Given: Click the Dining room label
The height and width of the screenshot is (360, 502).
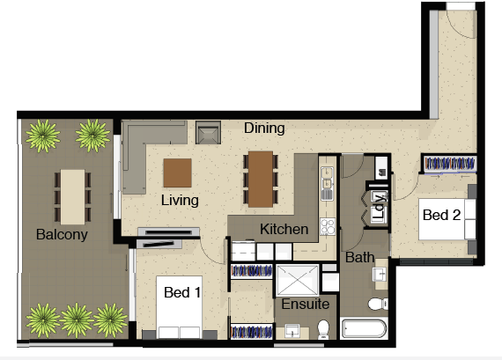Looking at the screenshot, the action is [x=264, y=129].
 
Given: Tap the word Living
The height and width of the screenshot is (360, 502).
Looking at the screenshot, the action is [x=180, y=201].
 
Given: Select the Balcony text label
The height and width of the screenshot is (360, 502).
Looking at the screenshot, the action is [x=62, y=234].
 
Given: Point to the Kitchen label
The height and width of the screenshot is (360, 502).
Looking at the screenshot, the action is [x=284, y=229].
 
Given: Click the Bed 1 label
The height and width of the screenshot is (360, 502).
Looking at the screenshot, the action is [x=182, y=292].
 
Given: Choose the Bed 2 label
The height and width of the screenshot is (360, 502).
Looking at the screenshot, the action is [x=441, y=215].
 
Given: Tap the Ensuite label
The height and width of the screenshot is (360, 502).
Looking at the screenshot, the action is [x=305, y=304].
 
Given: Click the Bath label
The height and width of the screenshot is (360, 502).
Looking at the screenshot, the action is [x=359, y=258].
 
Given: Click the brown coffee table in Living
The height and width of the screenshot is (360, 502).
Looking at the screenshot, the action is [x=178, y=173].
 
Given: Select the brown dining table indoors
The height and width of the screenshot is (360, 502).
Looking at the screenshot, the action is [x=261, y=180].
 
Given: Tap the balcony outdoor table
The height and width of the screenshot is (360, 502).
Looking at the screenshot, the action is [x=73, y=197].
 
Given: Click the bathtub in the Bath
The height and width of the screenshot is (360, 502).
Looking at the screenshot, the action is [x=364, y=328].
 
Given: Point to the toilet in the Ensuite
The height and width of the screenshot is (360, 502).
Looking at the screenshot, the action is [x=323, y=329].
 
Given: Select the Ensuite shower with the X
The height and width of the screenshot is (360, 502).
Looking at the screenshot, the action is [x=298, y=280].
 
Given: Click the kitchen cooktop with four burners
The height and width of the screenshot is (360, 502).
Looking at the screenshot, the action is [x=328, y=226].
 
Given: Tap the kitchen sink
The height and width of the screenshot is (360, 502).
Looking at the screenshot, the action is [x=327, y=183].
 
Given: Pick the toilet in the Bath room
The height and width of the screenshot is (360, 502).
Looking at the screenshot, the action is [x=378, y=304].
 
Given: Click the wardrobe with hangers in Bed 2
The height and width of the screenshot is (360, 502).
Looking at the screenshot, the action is [x=449, y=164].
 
